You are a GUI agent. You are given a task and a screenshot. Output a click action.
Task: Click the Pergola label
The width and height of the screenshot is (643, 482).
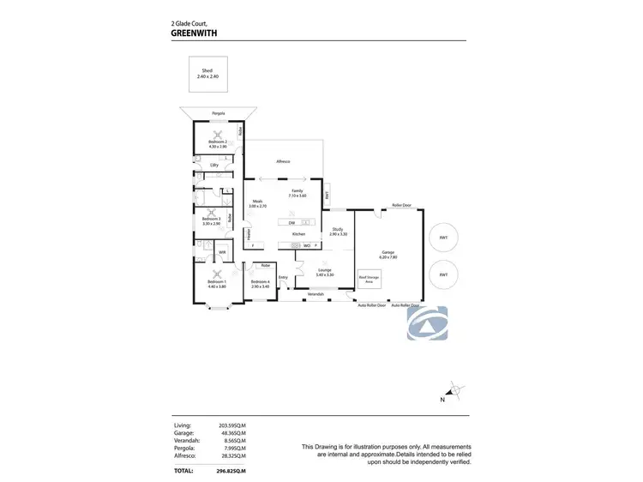[219, 113]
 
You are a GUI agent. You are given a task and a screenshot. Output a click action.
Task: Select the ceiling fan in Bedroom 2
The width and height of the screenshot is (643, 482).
[218, 133]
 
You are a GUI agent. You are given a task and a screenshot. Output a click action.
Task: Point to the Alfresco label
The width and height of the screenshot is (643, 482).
[283, 161]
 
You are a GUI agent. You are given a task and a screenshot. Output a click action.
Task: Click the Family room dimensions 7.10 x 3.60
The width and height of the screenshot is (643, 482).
[297, 196]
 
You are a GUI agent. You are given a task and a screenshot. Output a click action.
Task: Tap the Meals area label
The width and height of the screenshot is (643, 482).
[256, 202]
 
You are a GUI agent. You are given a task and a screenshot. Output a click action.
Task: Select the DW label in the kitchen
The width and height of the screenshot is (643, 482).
[292, 223]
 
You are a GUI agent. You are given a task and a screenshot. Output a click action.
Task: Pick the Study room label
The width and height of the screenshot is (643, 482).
[338, 229]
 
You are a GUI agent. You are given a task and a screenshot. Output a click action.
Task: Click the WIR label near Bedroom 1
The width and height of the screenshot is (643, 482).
[221, 252]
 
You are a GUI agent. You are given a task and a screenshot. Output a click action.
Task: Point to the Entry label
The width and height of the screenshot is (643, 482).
[283, 277]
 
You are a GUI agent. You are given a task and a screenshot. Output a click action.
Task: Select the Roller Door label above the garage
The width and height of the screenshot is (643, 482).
[401, 206]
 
